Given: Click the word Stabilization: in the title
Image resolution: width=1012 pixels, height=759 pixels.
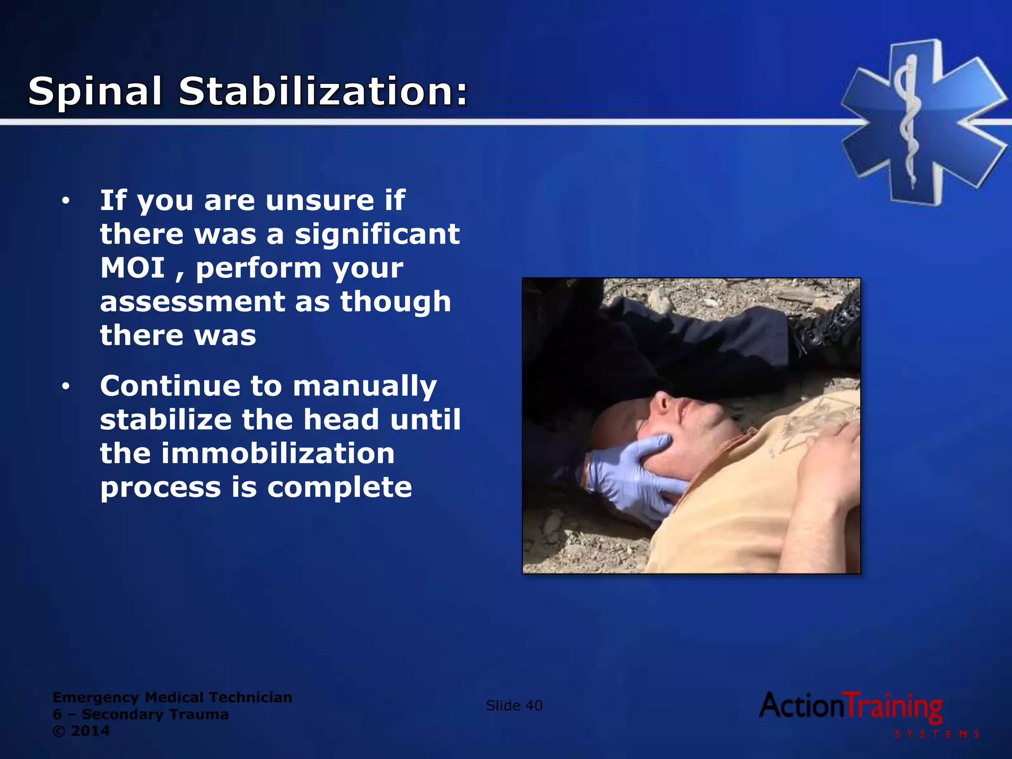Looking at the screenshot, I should click(x=323, y=92).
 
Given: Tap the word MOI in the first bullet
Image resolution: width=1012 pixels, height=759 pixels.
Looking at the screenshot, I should click(x=132, y=268).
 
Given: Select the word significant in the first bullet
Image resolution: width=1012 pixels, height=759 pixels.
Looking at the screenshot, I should click(x=377, y=234).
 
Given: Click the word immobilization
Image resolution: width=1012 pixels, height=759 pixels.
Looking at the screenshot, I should click(x=278, y=454).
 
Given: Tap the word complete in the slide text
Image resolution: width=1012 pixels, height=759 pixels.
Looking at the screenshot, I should click(x=339, y=487).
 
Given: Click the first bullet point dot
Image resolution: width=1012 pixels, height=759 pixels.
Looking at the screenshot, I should click(x=66, y=201).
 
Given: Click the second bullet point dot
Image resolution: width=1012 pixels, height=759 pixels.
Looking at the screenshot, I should click(x=66, y=386).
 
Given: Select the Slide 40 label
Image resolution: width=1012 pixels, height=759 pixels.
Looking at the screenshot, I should click(x=514, y=706).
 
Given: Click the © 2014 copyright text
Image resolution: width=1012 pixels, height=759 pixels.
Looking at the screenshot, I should click(x=81, y=731).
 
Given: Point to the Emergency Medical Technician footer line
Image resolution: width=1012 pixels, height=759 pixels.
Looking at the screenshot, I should click(x=172, y=697).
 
